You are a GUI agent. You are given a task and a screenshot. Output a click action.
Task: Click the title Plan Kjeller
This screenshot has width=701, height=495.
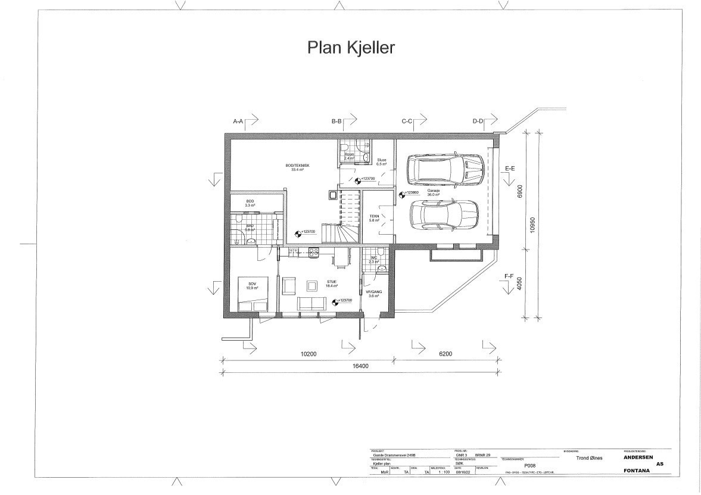(x=351, y=48)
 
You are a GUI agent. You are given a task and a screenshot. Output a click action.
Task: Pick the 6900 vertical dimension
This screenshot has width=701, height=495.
(x=519, y=191)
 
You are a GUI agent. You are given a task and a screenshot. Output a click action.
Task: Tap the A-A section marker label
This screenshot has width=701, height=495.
(x=238, y=122)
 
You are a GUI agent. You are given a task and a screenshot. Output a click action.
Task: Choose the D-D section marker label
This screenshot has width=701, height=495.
(x=478, y=122)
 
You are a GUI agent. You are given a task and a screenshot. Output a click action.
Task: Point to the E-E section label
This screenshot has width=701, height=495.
(x=509, y=169)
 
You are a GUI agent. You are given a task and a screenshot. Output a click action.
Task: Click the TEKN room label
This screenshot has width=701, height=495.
(x=374, y=216)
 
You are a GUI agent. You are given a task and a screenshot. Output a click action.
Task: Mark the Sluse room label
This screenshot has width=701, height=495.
(x=382, y=160)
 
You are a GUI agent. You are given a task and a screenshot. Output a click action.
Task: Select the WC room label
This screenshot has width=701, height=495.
(x=374, y=258)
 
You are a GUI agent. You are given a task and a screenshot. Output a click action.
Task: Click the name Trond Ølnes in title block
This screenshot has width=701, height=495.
(x=590, y=458)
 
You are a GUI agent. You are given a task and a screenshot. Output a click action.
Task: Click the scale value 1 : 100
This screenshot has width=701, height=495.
(x=444, y=472)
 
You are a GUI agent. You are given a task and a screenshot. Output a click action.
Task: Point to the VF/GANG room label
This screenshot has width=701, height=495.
(x=374, y=292)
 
